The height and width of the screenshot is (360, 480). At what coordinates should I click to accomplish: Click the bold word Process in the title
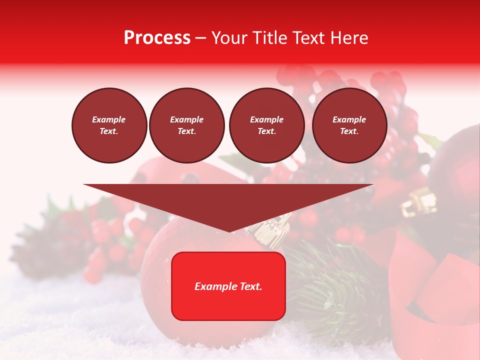(x=157, y=38)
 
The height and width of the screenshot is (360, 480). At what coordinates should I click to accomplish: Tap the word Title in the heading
(x=267, y=38)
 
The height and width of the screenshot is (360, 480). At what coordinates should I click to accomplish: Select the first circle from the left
(x=109, y=125)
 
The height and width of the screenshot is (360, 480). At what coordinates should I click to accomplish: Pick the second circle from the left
(x=187, y=125)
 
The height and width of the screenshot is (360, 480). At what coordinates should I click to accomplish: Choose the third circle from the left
(x=266, y=125)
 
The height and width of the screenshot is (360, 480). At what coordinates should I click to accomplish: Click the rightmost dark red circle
(x=349, y=125)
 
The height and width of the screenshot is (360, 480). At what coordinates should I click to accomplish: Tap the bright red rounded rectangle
(x=228, y=286)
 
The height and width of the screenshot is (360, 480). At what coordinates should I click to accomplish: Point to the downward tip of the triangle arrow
(x=229, y=230)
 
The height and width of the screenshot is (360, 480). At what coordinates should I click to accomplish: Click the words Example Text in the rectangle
(x=228, y=286)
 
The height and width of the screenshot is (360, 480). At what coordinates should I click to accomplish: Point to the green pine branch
(x=330, y=285)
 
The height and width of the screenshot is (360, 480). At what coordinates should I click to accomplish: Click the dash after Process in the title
(x=200, y=38)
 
